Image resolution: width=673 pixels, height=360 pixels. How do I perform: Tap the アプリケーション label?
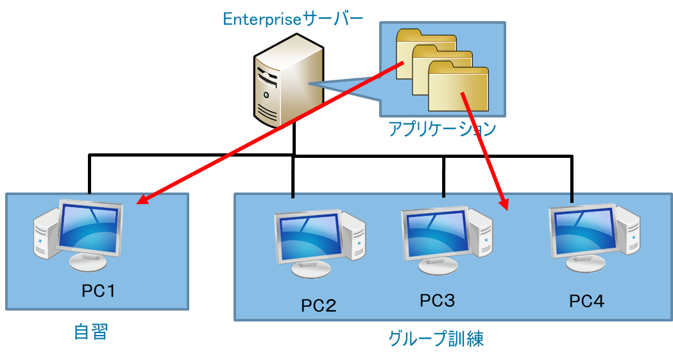[x=442, y=129]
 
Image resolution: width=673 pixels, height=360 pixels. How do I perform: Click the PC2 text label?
[x=318, y=305]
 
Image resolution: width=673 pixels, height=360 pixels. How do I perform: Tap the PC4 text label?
[x=586, y=300]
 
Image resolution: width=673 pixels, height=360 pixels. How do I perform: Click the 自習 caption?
[x=90, y=332]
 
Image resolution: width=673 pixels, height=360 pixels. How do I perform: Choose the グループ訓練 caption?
[x=436, y=338]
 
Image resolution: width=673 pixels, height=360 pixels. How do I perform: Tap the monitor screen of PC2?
[x=307, y=235]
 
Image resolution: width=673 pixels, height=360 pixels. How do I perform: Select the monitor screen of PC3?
[x=434, y=232]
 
